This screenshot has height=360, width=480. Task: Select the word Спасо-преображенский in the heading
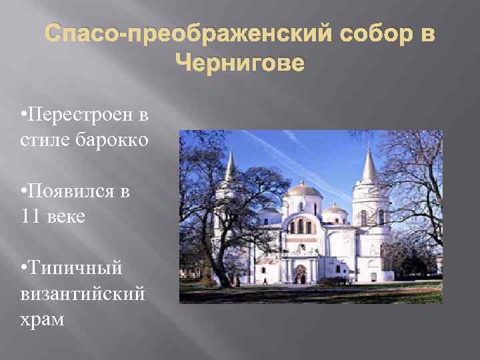coord(179,33)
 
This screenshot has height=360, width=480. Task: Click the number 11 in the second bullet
coord(31,217)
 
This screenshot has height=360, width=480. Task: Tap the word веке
coord(66,217)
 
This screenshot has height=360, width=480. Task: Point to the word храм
coord(43,319)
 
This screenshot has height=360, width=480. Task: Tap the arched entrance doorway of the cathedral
coord(301,273)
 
